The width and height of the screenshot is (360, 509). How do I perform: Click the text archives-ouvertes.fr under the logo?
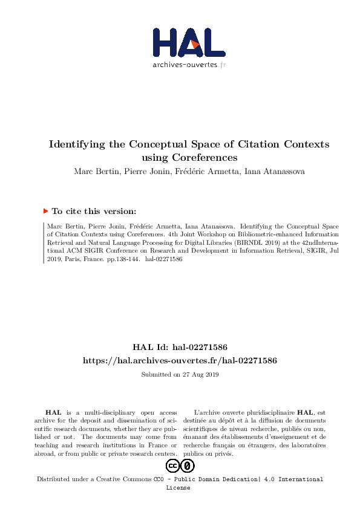tap(189, 64)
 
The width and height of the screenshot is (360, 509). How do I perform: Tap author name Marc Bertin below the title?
tap(94, 171)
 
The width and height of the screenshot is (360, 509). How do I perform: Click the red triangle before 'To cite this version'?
tap(45, 211)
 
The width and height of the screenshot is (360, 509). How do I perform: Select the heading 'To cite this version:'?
tap(94, 212)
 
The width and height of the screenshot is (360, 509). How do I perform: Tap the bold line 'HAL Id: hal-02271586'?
tap(180, 348)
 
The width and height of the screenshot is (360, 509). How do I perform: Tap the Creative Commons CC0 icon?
tap(180, 465)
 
